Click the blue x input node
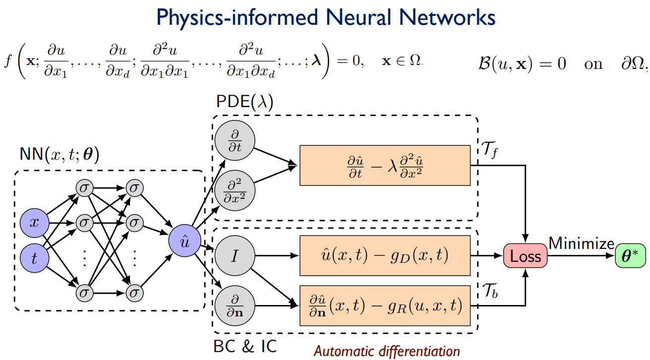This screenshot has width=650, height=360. click(34, 223)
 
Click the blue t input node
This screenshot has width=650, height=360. click(34, 257)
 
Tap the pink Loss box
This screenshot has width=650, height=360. click(525, 256)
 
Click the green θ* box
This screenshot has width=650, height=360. click(631, 256)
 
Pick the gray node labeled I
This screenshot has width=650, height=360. click(234, 256)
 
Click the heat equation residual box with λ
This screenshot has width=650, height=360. click(385, 165)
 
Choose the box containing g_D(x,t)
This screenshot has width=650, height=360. click(385, 256)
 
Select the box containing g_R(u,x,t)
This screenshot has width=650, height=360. click(385, 305)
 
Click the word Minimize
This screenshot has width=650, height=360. click(581, 243)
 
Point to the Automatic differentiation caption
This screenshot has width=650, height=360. click(387, 351)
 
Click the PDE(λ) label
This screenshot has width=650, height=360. click(245, 102)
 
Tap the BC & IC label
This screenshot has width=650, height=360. click(245, 346)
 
